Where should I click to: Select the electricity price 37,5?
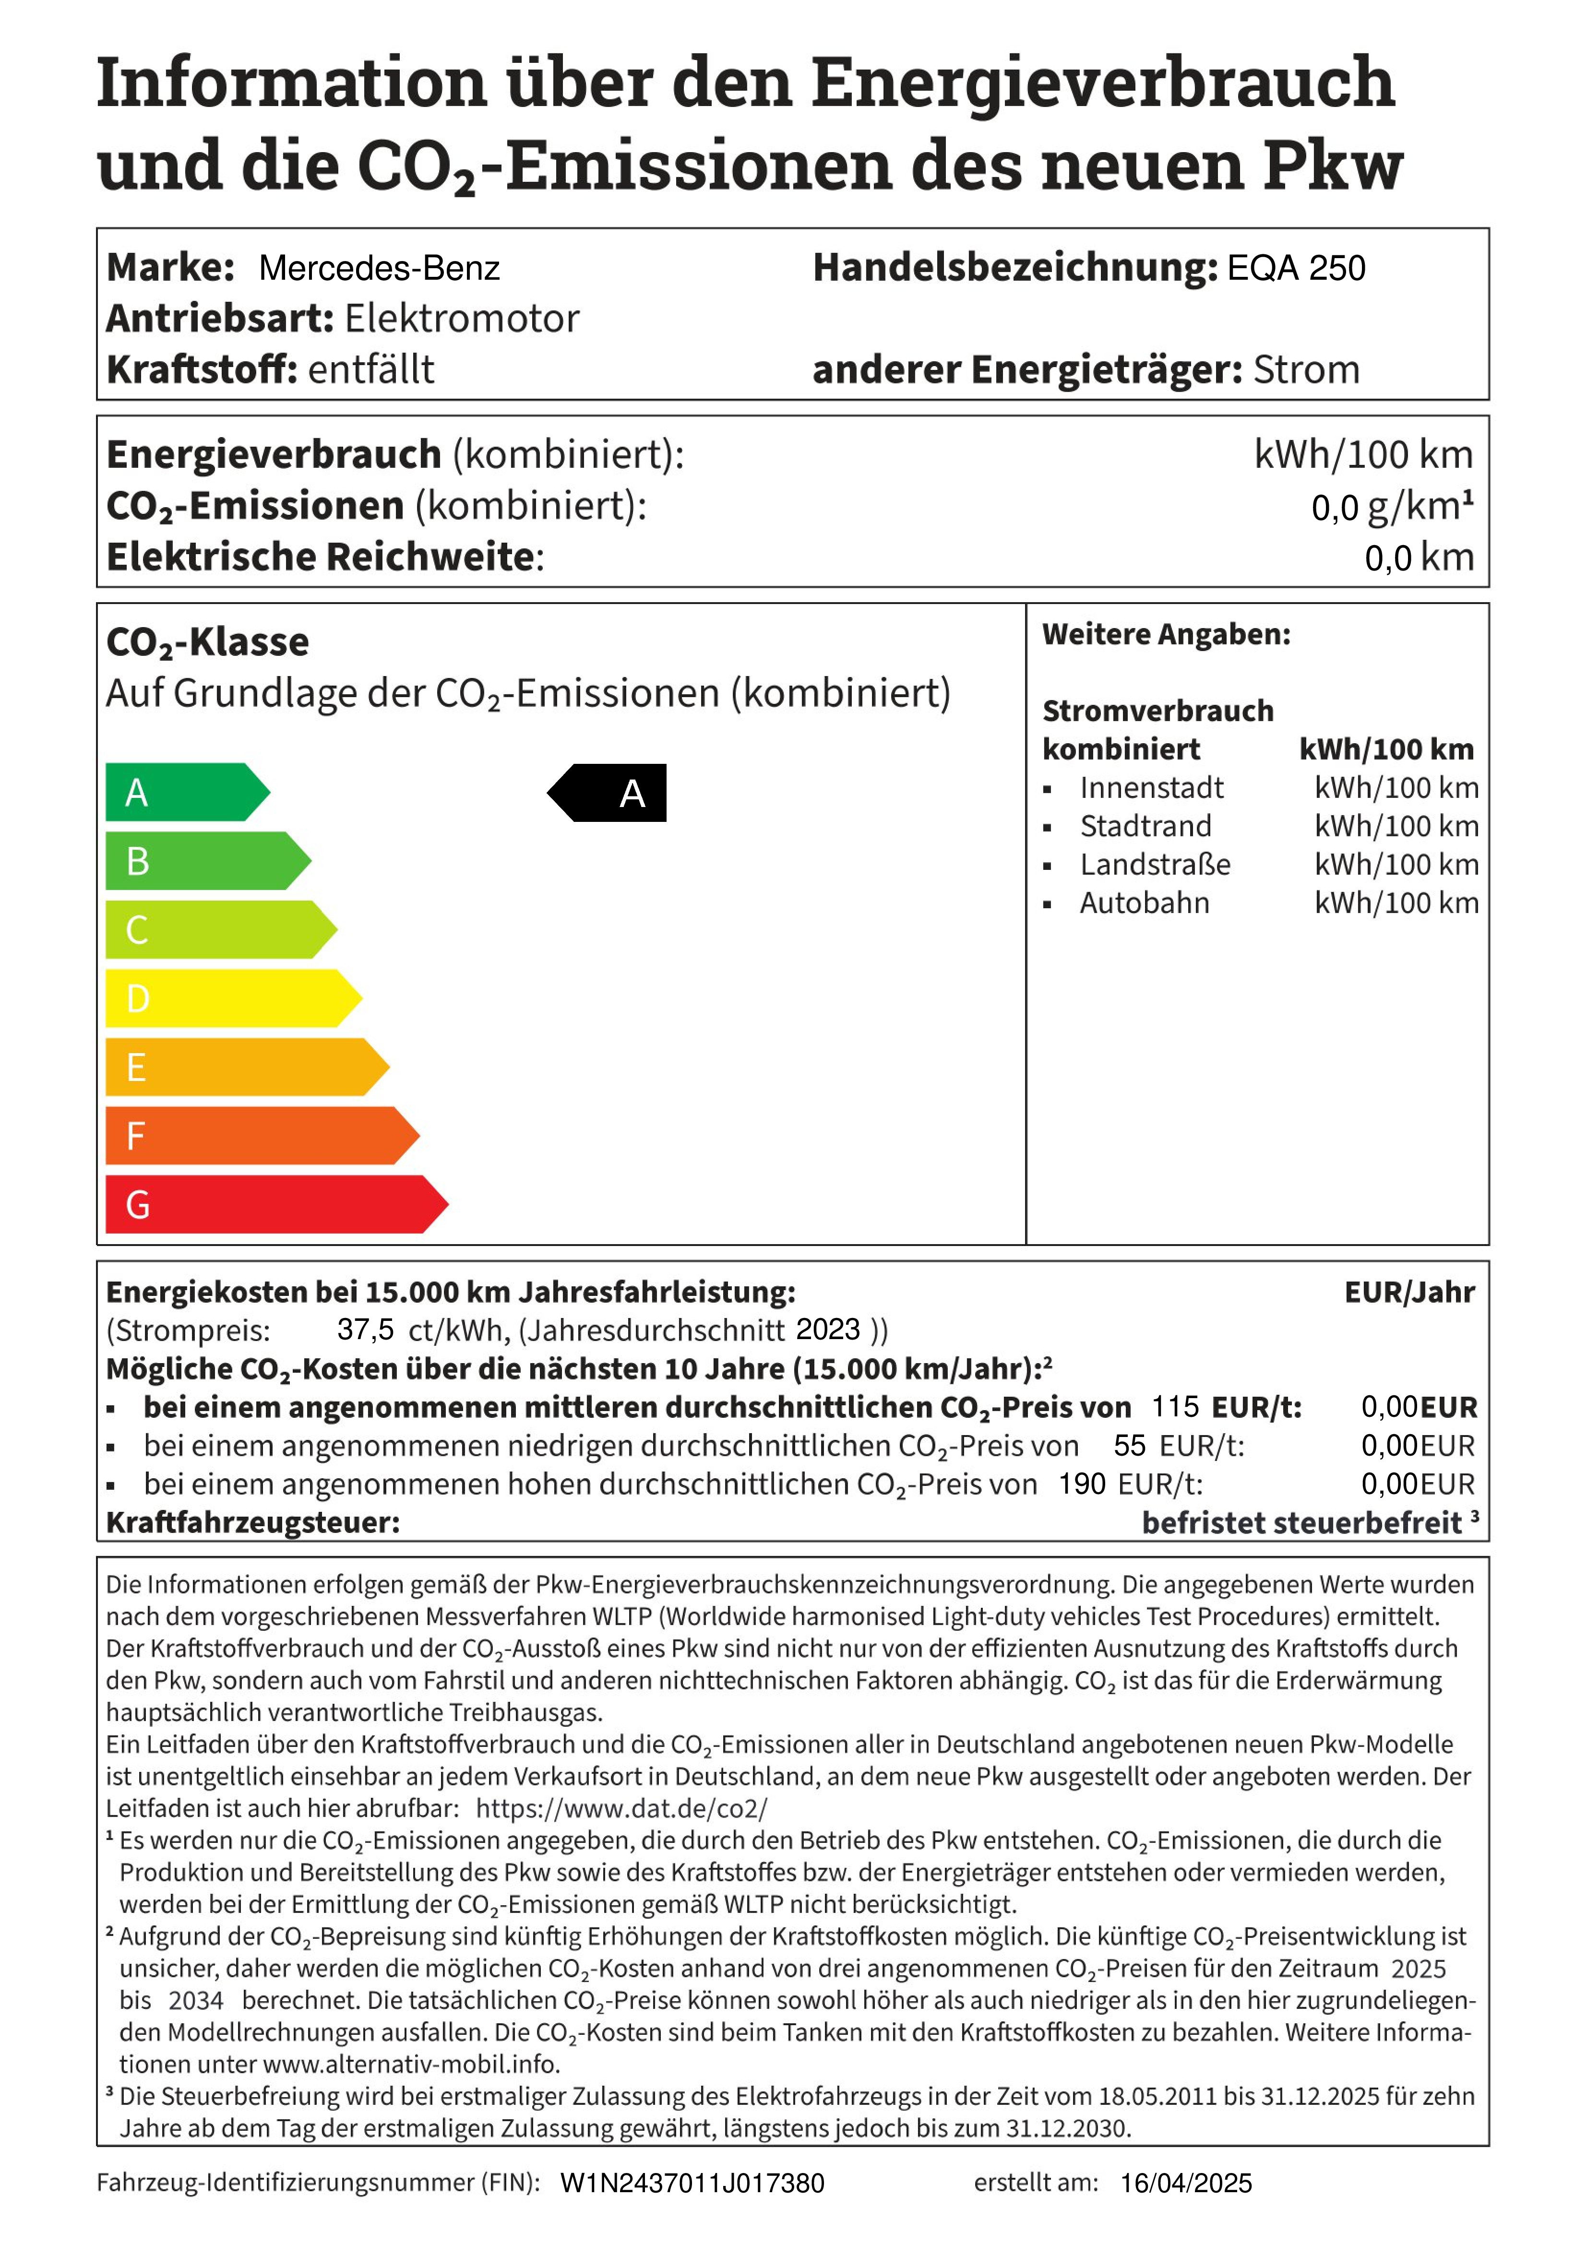tap(365, 1330)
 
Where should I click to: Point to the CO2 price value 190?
tap(1082, 1484)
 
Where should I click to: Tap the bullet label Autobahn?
tap(1144, 903)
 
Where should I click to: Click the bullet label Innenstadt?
tap(1151, 788)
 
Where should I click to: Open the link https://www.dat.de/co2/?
tap(622, 1808)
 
